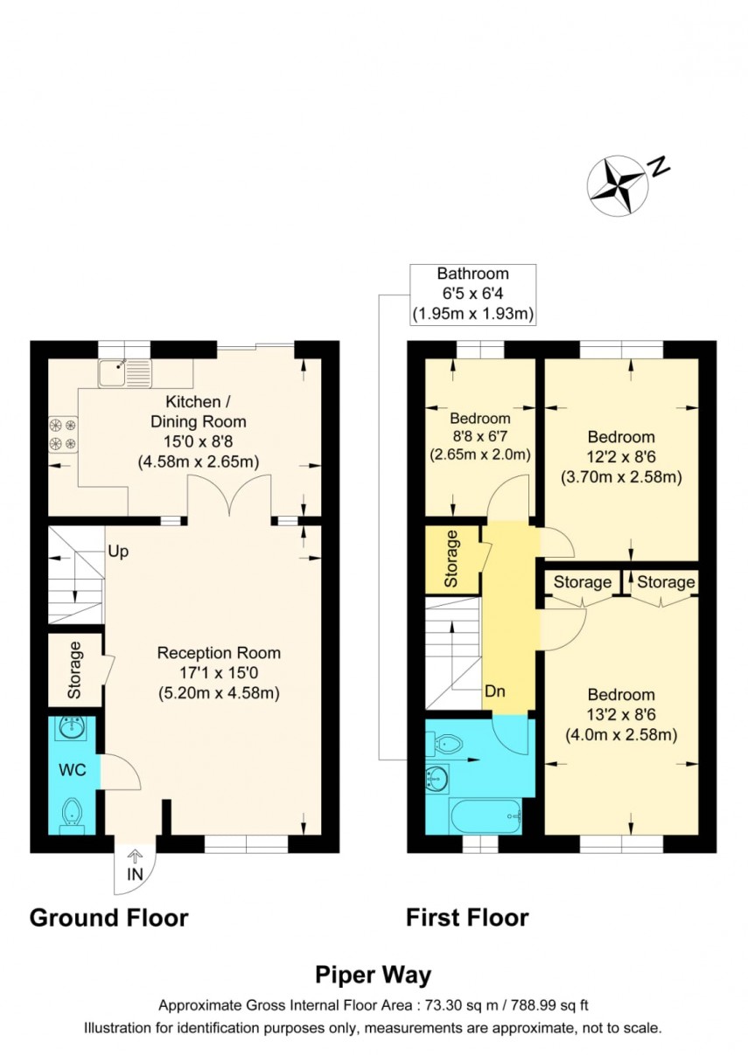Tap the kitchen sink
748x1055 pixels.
click(x=125, y=373)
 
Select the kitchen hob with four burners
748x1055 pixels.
click(x=64, y=434)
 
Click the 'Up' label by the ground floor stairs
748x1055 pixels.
click(x=119, y=552)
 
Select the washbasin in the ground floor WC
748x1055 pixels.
click(x=72, y=728)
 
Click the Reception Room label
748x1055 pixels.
click(x=219, y=652)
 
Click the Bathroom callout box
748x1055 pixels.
click(x=473, y=294)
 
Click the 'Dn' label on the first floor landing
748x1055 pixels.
click(x=495, y=692)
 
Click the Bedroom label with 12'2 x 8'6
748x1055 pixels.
click(x=620, y=437)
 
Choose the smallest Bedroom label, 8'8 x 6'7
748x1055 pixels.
click(x=480, y=418)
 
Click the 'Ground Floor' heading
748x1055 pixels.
click(x=108, y=917)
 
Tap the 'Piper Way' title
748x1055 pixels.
click(x=373, y=974)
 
